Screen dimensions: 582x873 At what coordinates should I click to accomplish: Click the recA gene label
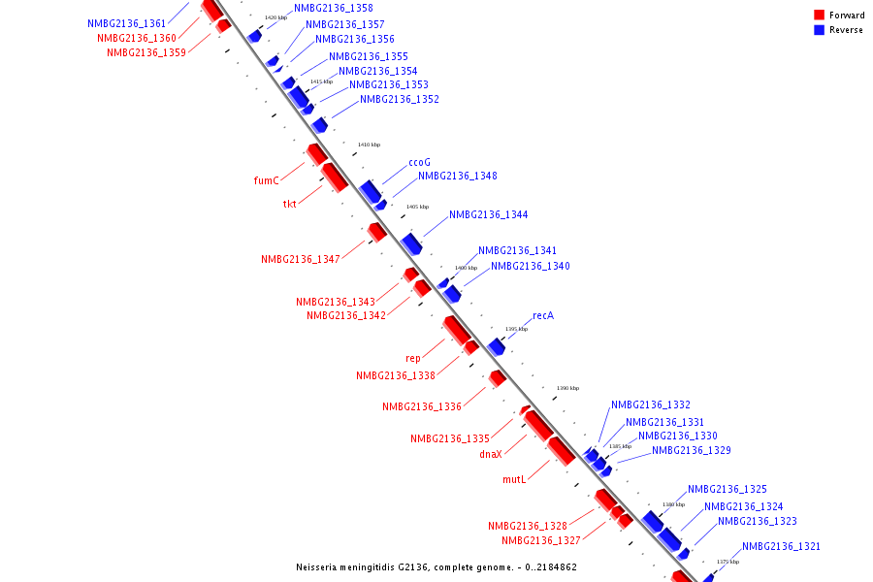coord(543,316)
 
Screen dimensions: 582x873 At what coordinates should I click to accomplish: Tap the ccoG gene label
coord(419,162)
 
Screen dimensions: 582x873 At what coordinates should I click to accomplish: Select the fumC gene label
coord(266,180)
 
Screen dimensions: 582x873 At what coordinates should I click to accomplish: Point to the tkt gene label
coord(289,204)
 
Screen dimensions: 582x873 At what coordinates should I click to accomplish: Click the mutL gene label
coord(513,479)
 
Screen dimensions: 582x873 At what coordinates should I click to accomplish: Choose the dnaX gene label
coord(491,454)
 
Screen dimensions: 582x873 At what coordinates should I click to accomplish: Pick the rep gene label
coord(412,358)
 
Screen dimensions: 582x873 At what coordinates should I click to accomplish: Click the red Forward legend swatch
coord(819,15)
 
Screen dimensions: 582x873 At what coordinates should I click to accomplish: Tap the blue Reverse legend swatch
coord(819,30)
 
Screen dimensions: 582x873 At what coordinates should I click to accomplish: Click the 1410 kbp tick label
coord(369,145)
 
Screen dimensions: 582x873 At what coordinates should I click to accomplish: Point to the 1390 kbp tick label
coord(567,388)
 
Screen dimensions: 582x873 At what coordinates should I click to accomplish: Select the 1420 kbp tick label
coord(275,17)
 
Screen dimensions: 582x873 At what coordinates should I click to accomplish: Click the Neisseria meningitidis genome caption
coord(436,566)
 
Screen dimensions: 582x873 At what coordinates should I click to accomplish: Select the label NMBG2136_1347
coord(300,259)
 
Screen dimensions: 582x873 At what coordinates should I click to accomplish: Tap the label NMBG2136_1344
coord(488,214)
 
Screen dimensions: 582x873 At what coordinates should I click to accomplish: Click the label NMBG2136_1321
coord(781,546)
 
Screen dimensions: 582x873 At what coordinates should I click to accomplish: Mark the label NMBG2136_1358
coord(319,8)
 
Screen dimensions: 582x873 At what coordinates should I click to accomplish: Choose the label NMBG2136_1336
coord(421,406)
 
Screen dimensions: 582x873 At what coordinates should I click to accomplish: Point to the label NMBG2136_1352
coord(399,99)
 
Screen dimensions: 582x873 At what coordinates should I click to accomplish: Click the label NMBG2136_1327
coord(540,540)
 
